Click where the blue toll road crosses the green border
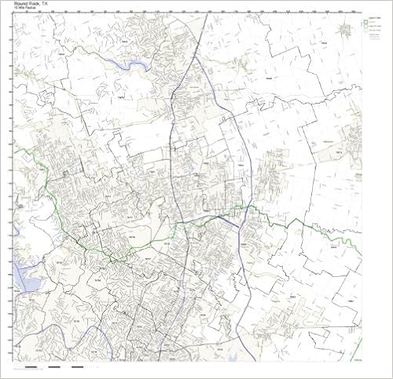pos(245,208)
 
